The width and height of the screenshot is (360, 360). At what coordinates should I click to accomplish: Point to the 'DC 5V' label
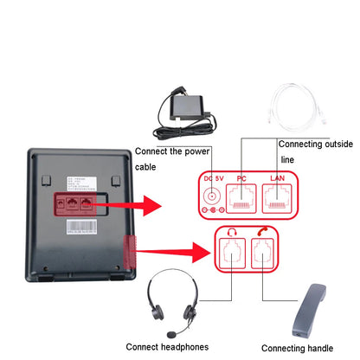point(212,178)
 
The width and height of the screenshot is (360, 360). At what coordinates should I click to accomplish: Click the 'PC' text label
point(242,178)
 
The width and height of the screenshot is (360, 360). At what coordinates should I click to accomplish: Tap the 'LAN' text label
point(278,178)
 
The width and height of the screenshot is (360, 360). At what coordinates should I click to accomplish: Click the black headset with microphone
point(173,300)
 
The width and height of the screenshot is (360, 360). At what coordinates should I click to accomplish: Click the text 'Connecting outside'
point(315,144)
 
